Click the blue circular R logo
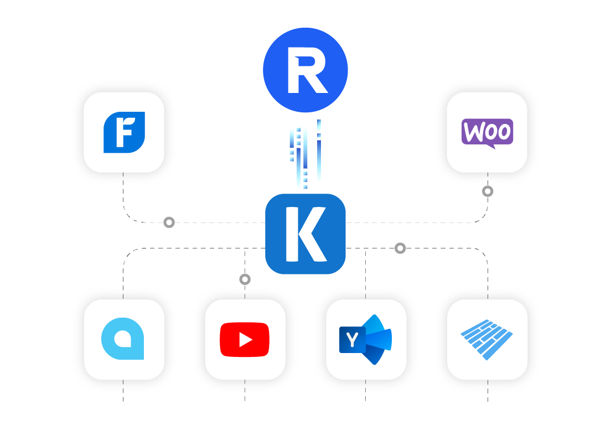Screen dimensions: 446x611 [305, 70]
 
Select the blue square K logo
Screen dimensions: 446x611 [305, 234]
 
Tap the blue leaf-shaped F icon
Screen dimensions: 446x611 [124, 132]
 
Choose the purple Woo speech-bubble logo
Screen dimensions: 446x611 [487, 132]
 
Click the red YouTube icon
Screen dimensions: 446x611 [245, 339]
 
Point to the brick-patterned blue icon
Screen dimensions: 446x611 [487, 339]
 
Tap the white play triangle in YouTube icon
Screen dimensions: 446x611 [245, 340]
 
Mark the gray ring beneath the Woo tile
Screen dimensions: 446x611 [487, 191]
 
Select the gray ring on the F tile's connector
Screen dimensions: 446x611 [169, 222]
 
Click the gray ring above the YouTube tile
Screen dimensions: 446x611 [245, 279]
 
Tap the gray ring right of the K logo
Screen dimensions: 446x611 [400, 248]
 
